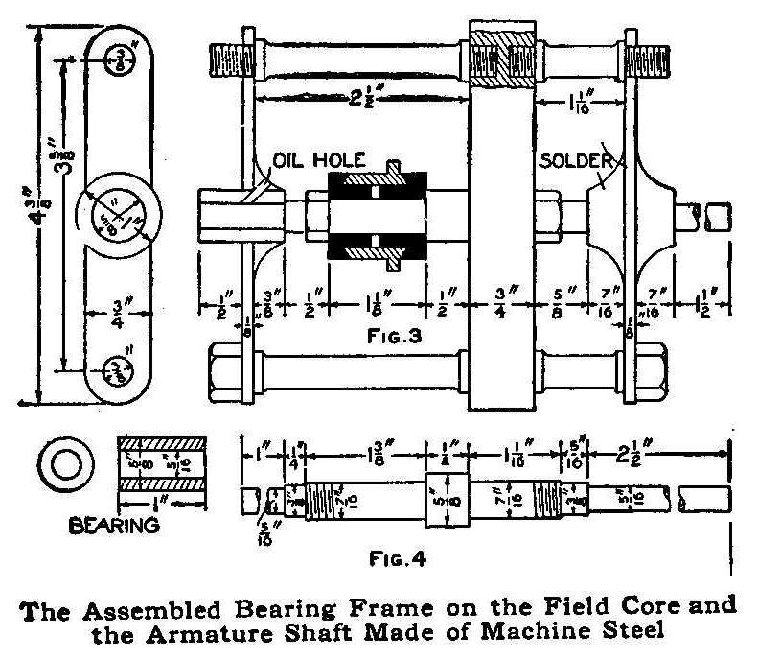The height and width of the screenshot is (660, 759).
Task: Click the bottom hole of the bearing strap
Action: pos(120,370)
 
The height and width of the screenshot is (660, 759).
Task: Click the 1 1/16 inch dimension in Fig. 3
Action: pos(580,101)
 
